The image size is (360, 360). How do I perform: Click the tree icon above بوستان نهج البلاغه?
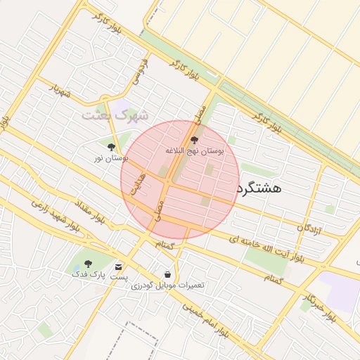194,141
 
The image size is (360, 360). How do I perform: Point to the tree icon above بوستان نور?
111,147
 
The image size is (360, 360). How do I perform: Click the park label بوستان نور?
111,158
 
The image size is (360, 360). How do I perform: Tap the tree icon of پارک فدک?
88,264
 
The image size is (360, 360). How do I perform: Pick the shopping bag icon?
167,274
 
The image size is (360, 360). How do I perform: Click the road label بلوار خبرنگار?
320,310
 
